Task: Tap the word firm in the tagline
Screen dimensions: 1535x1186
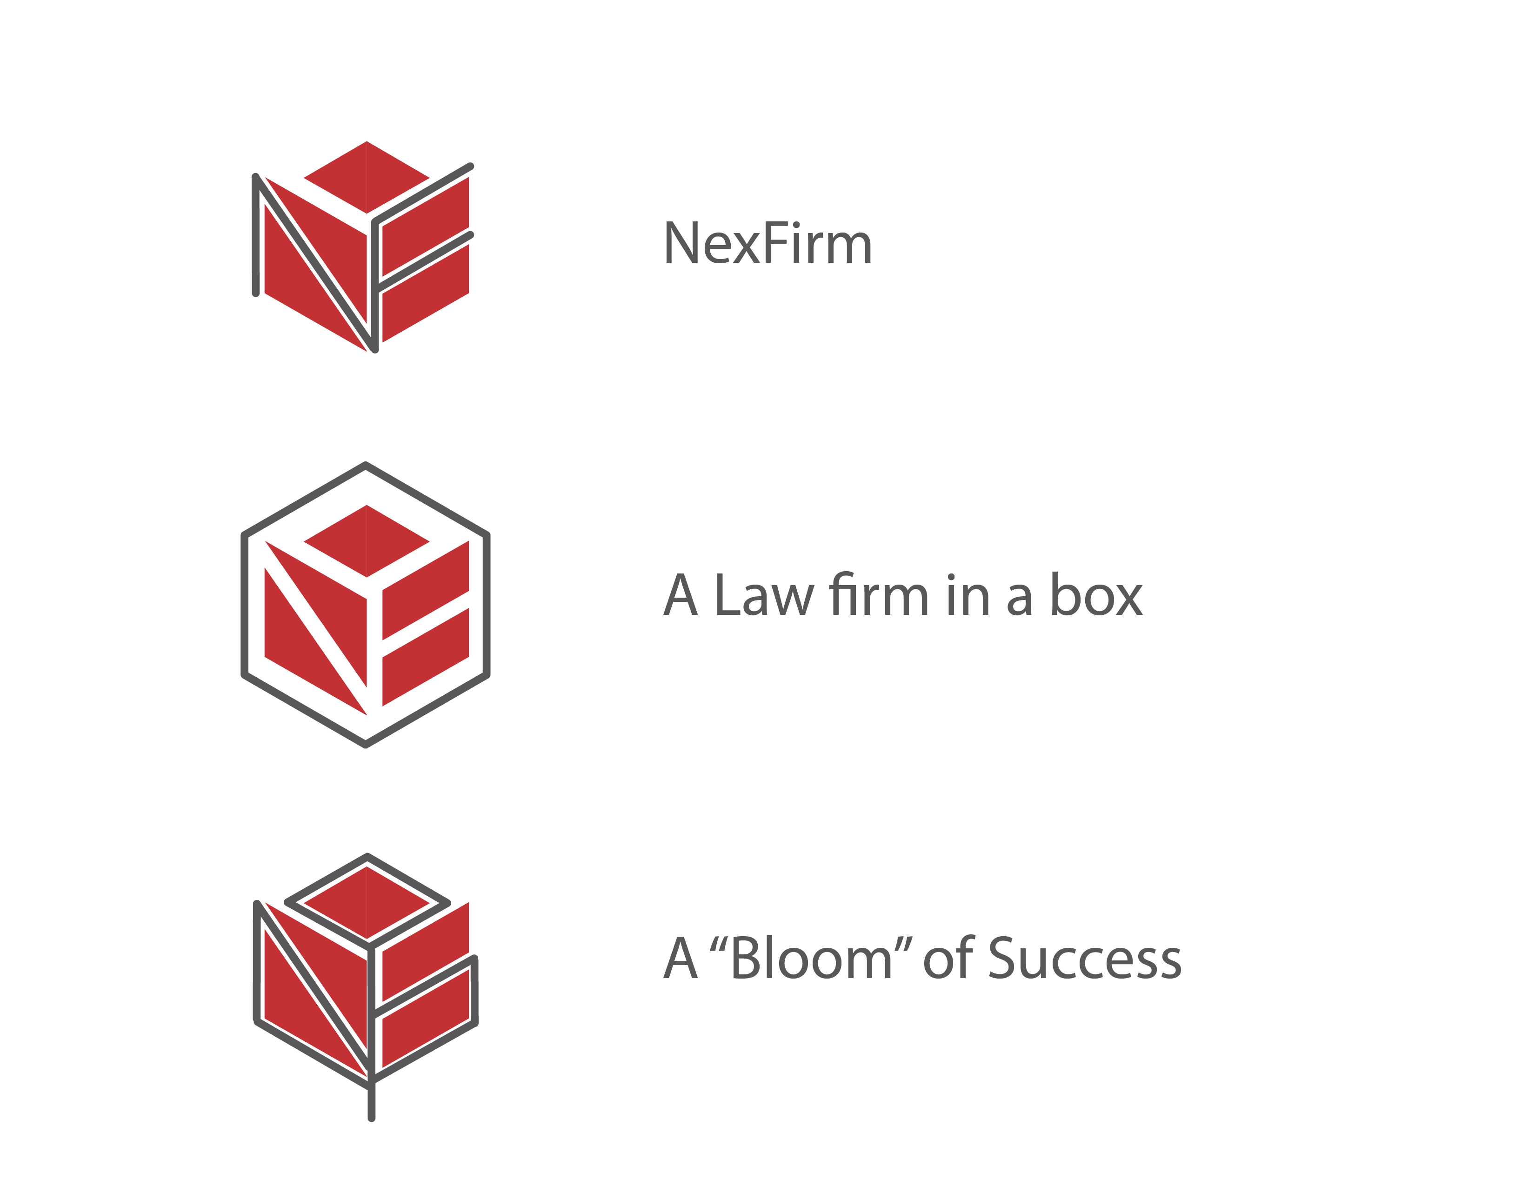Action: [879, 594]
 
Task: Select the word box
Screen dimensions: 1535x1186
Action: [1096, 594]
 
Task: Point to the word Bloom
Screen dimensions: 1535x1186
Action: [812, 957]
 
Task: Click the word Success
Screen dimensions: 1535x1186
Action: [1085, 958]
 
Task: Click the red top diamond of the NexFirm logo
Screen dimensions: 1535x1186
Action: [366, 177]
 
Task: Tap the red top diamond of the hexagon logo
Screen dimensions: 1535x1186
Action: [366, 541]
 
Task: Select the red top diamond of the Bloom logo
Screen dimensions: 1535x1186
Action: [366, 902]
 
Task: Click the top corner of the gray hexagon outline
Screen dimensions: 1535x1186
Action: [366, 465]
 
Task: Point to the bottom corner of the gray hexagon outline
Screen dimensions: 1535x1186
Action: [366, 745]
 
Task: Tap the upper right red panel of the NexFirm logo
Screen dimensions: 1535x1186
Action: [425, 227]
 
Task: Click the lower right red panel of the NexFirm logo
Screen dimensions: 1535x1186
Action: [425, 293]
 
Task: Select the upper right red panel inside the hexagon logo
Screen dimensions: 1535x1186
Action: [425, 590]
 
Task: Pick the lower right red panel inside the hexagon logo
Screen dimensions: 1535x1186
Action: [425, 657]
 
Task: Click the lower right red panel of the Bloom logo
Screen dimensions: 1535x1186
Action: [425, 1018]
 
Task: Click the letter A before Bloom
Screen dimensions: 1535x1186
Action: [681, 958]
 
